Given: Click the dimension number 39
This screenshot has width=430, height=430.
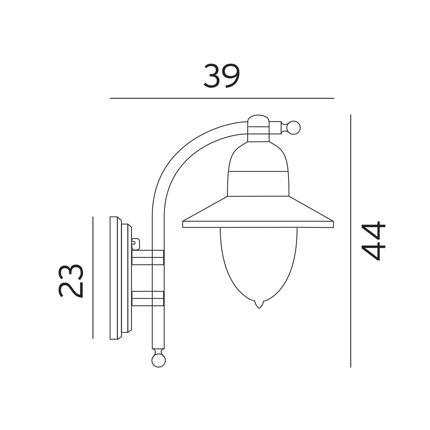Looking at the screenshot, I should coord(222,76).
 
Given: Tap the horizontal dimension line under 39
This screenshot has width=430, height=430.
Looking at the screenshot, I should coord(222,98).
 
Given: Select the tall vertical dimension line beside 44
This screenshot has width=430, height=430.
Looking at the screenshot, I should coord(351,241).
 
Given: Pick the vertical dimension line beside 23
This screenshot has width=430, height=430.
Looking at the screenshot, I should coord(93,277).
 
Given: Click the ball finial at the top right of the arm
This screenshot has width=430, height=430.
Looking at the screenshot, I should coord(294,128).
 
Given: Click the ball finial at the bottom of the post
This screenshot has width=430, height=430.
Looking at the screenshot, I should coord(159,360).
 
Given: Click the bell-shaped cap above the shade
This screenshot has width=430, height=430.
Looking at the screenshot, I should coord(258,171).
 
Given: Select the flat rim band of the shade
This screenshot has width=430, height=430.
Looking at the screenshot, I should coord(258,224).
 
